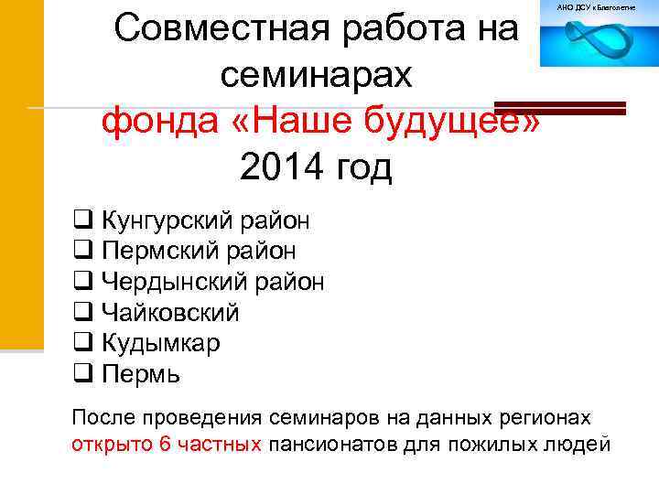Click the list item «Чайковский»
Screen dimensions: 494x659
coord(170,313)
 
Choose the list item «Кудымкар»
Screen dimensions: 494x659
coord(160,343)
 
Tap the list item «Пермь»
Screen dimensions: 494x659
coord(141,374)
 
